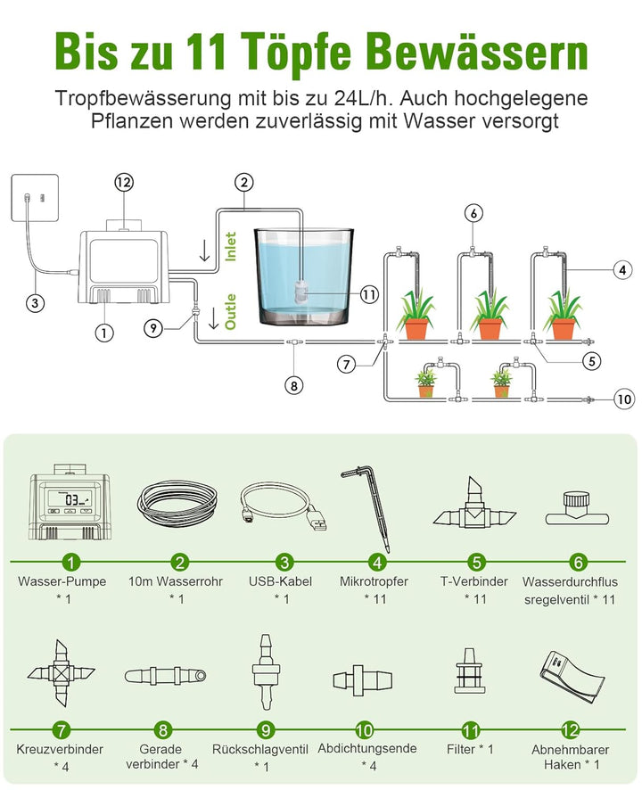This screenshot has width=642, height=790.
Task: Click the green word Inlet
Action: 230,246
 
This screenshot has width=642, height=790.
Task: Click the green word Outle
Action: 230,312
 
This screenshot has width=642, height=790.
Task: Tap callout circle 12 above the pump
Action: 124,183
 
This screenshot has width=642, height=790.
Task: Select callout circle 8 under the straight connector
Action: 293,386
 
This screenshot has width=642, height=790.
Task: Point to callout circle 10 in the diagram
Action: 624,399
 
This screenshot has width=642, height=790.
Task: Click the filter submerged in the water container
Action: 300,291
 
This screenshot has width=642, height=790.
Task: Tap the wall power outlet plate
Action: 35,198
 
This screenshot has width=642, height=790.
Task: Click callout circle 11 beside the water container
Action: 369,294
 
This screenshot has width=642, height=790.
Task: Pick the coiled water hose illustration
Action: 177,503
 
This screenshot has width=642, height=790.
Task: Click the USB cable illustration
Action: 284,508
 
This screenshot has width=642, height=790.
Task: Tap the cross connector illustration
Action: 62,673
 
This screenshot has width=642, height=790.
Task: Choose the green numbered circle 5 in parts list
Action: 476,562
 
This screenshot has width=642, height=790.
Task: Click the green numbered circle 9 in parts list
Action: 266,730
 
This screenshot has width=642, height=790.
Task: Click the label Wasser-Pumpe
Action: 62,581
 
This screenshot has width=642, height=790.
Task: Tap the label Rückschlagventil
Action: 260,749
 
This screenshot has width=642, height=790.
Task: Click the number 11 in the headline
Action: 205,51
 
